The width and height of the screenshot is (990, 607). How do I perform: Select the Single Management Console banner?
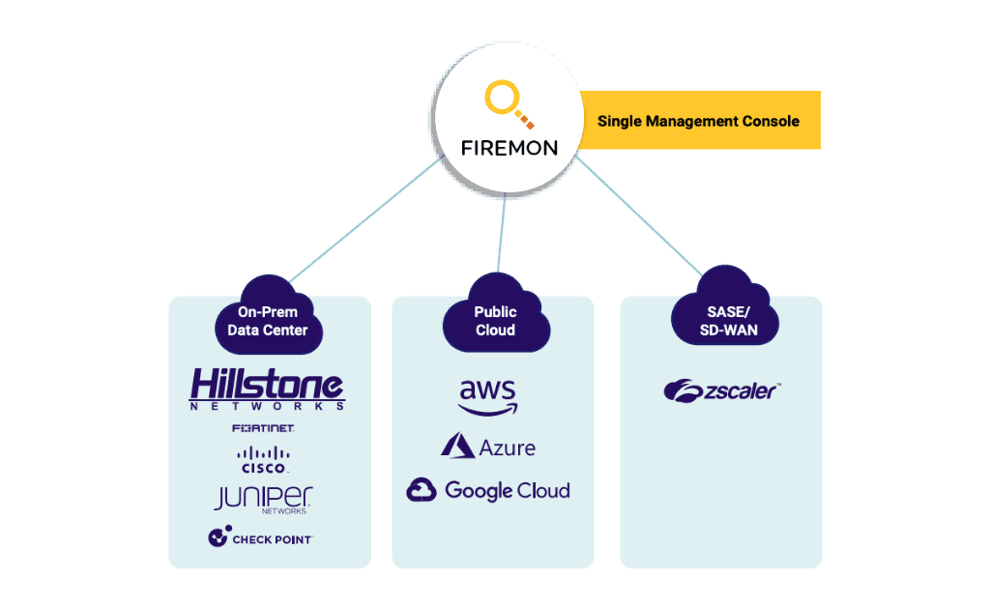tap(699, 121)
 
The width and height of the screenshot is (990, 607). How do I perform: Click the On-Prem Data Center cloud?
tap(268, 319)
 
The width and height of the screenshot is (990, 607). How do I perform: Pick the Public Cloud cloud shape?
tap(495, 319)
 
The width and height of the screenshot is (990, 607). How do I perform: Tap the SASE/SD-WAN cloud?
tap(727, 319)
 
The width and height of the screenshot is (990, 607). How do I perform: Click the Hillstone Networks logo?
tap(268, 390)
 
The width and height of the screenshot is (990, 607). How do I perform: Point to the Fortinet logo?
tap(263, 427)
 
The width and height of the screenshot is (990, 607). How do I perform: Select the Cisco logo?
tap(264, 458)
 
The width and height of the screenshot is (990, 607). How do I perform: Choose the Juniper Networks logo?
tap(263, 499)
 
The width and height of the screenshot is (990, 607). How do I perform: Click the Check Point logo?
tap(261, 537)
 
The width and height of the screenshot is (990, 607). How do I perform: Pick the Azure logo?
tap(488, 447)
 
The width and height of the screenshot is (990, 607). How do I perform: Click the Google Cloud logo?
tap(488, 490)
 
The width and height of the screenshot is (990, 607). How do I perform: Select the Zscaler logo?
tap(721, 390)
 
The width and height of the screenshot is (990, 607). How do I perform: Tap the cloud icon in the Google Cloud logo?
tap(422, 490)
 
